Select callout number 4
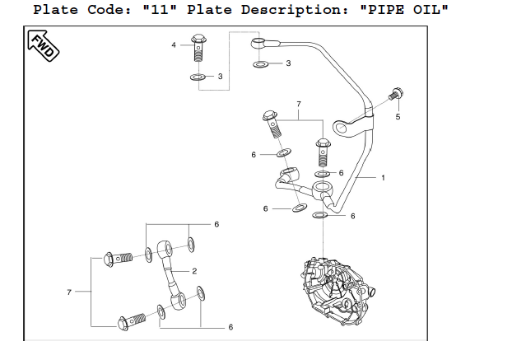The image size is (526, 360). [x=174, y=44]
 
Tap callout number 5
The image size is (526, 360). [x=398, y=117]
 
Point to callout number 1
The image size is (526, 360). [x=383, y=177]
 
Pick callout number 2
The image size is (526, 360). [x=194, y=271]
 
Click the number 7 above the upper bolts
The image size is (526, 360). [x=298, y=105]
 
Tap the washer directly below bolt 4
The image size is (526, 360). [x=198, y=77]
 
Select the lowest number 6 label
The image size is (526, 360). [x=230, y=327]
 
